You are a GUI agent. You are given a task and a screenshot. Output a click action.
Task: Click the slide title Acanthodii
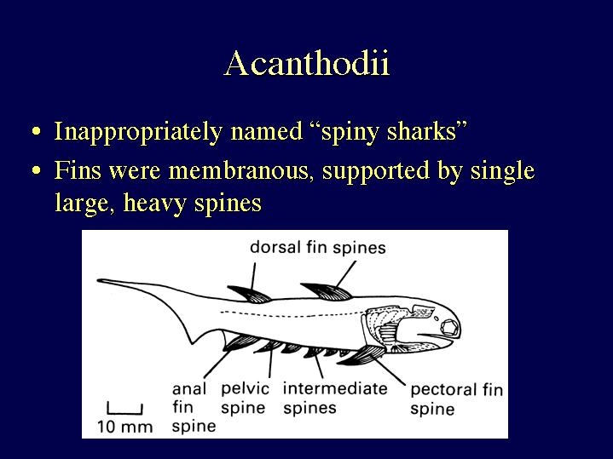click(307, 63)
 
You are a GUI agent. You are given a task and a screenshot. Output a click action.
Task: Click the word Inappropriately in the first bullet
click(138, 132)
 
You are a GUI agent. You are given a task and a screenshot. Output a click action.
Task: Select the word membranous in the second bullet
click(238, 170)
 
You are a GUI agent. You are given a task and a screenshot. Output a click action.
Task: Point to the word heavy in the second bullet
click(154, 204)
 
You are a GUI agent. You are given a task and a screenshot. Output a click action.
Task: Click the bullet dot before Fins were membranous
click(37, 170)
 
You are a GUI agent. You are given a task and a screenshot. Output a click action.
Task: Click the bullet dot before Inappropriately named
click(37, 131)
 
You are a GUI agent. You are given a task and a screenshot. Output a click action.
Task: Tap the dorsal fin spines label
click(318, 248)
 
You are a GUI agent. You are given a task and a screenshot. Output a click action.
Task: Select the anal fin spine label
click(194, 407)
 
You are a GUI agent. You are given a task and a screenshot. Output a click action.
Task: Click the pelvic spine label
click(245, 399)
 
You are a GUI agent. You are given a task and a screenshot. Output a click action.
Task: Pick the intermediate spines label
click(335, 399)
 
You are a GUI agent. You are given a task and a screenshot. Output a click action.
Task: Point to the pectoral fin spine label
click(456, 399)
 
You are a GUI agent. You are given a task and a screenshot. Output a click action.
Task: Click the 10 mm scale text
click(124, 427)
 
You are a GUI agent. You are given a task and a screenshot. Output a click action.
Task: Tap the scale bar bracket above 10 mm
click(124, 409)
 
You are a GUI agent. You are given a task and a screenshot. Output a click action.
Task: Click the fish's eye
click(449, 327)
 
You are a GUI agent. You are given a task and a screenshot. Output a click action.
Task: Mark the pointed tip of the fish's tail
click(99, 280)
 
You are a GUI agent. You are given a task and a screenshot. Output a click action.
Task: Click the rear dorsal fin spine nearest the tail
click(250, 294)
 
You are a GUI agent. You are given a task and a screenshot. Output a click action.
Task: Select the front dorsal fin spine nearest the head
click(326, 291)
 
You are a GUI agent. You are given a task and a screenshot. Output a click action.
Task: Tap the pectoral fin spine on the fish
click(358, 356)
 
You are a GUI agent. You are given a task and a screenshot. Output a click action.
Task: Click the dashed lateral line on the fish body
click(292, 314)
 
